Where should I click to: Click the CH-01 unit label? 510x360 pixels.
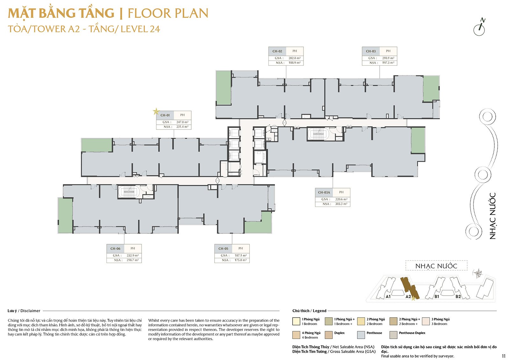[x=165, y=115]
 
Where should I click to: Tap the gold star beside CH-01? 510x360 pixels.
[x=156, y=111]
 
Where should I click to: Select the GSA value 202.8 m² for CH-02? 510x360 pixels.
[x=294, y=58]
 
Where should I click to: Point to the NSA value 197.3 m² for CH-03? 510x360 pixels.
[x=388, y=63]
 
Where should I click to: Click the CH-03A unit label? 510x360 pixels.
[x=324, y=192]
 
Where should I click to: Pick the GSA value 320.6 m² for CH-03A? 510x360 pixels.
[x=341, y=199]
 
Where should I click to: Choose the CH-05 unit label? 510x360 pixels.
[x=223, y=248]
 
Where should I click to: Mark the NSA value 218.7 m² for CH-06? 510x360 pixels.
[x=133, y=260]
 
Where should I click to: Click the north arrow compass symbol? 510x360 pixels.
[x=479, y=27]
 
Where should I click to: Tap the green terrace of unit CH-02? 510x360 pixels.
[x=223, y=88]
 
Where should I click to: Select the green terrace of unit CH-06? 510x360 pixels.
[x=65, y=215]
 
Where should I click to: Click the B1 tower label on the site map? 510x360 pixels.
[x=437, y=296]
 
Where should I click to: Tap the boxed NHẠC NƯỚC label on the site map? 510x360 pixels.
[x=436, y=266]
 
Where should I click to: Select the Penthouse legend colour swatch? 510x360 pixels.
[x=361, y=335]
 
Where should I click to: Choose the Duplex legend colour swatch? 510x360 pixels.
[x=329, y=335]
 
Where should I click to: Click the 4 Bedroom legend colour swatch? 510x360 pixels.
[x=296, y=335]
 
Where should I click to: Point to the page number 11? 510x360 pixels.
[x=504, y=356]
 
